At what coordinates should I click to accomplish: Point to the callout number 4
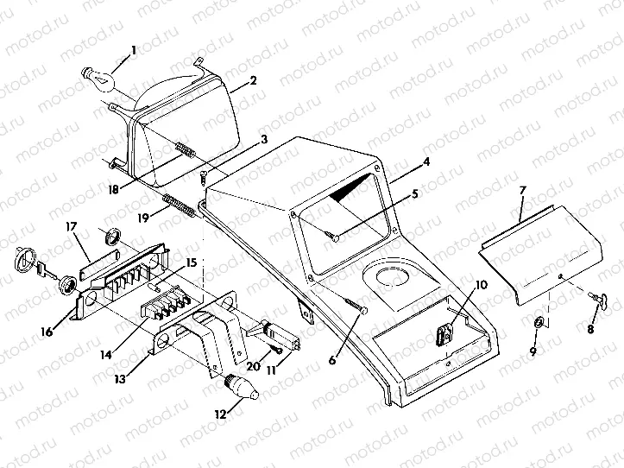tap(402, 161)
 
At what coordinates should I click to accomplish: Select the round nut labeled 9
tap(539, 322)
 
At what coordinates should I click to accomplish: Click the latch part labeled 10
tap(444, 333)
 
